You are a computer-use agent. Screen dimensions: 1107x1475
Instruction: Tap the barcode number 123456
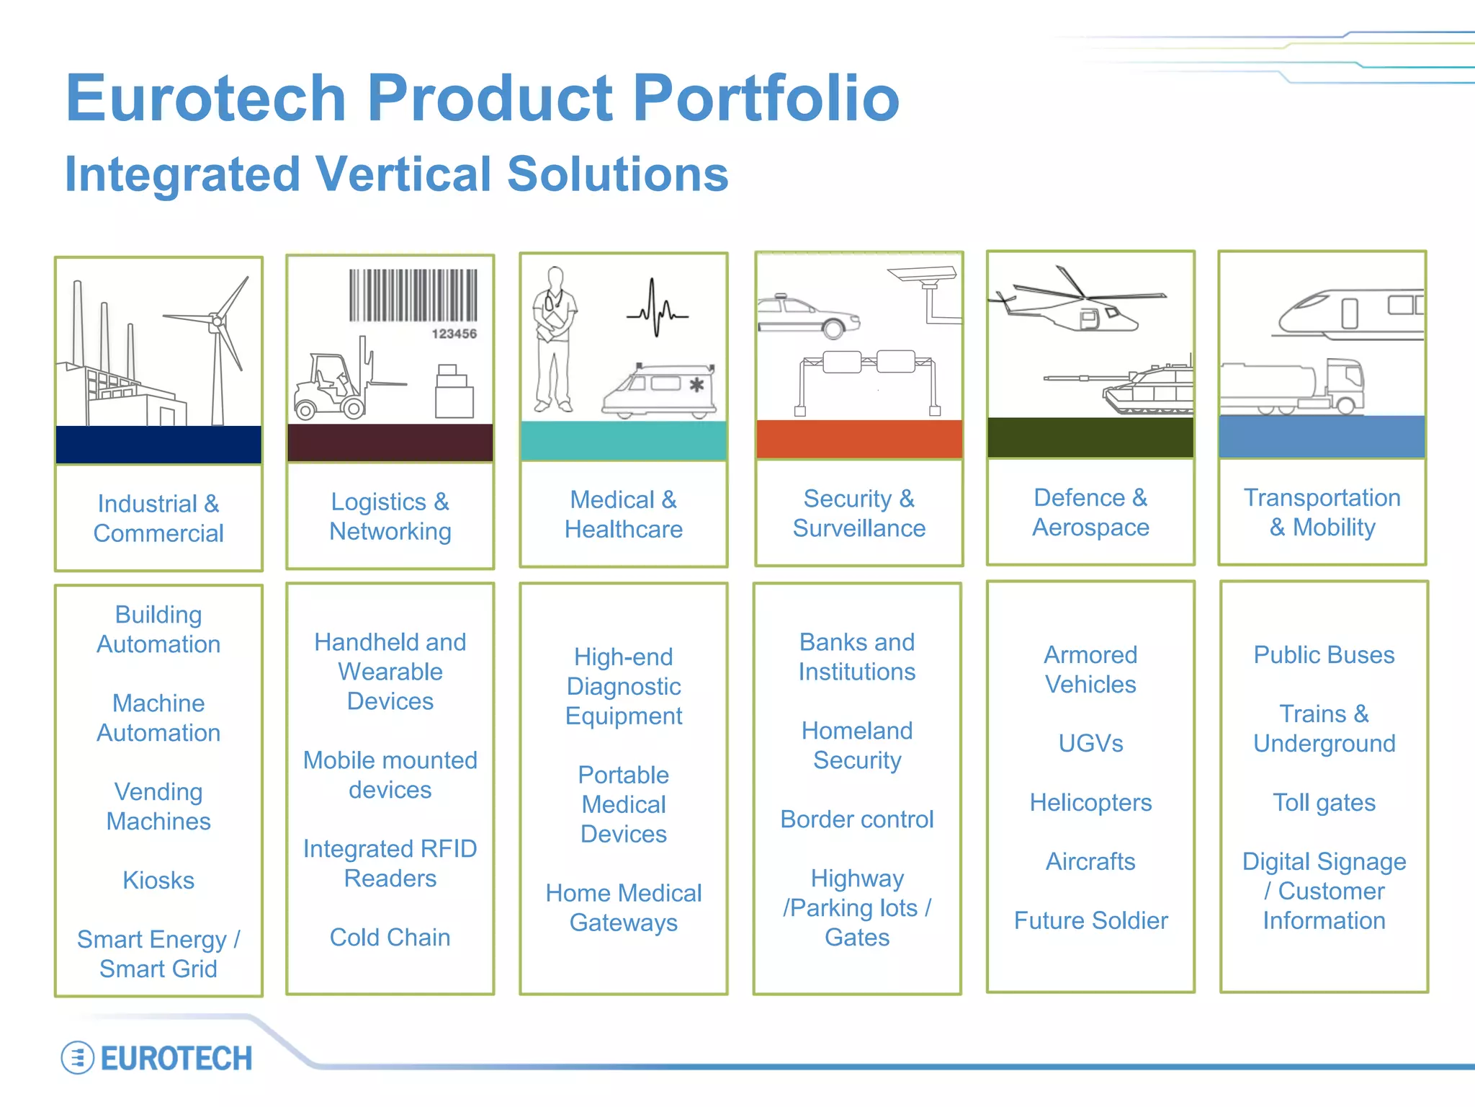(x=454, y=334)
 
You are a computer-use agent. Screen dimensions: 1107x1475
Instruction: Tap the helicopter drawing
(x=1080, y=306)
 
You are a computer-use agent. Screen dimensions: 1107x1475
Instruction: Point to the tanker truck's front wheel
(x=1345, y=404)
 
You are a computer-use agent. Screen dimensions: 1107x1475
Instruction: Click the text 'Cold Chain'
(x=390, y=937)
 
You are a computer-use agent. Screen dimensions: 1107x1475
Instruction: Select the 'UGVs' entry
(x=1090, y=743)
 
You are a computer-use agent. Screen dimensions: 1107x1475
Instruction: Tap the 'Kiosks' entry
(x=158, y=880)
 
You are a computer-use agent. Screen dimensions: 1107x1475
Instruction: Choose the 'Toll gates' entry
(x=1324, y=802)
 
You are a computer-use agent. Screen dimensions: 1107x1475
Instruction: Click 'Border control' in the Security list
(x=857, y=819)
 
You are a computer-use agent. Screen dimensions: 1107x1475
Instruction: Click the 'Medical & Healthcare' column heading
(x=624, y=514)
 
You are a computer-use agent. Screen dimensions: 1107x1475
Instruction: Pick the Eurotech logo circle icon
(x=77, y=1058)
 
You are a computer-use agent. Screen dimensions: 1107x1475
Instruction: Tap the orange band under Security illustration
(x=859, y=439)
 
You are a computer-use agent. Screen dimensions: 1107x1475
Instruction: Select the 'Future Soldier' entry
(x=1090, y=920)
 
